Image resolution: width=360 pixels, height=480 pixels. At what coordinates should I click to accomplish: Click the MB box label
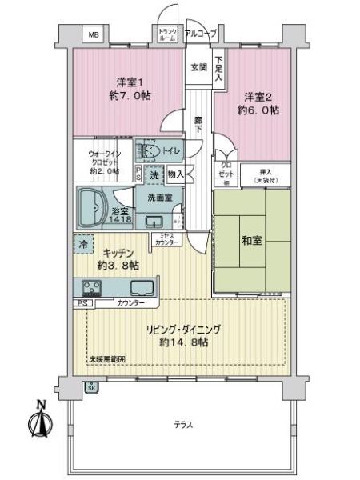94,35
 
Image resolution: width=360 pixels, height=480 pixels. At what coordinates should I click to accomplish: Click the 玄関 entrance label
198,66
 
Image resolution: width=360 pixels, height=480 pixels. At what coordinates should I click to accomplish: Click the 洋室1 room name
128,82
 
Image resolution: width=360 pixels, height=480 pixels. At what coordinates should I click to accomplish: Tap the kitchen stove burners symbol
90,288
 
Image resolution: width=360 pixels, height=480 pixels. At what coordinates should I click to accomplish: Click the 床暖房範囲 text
106,359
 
